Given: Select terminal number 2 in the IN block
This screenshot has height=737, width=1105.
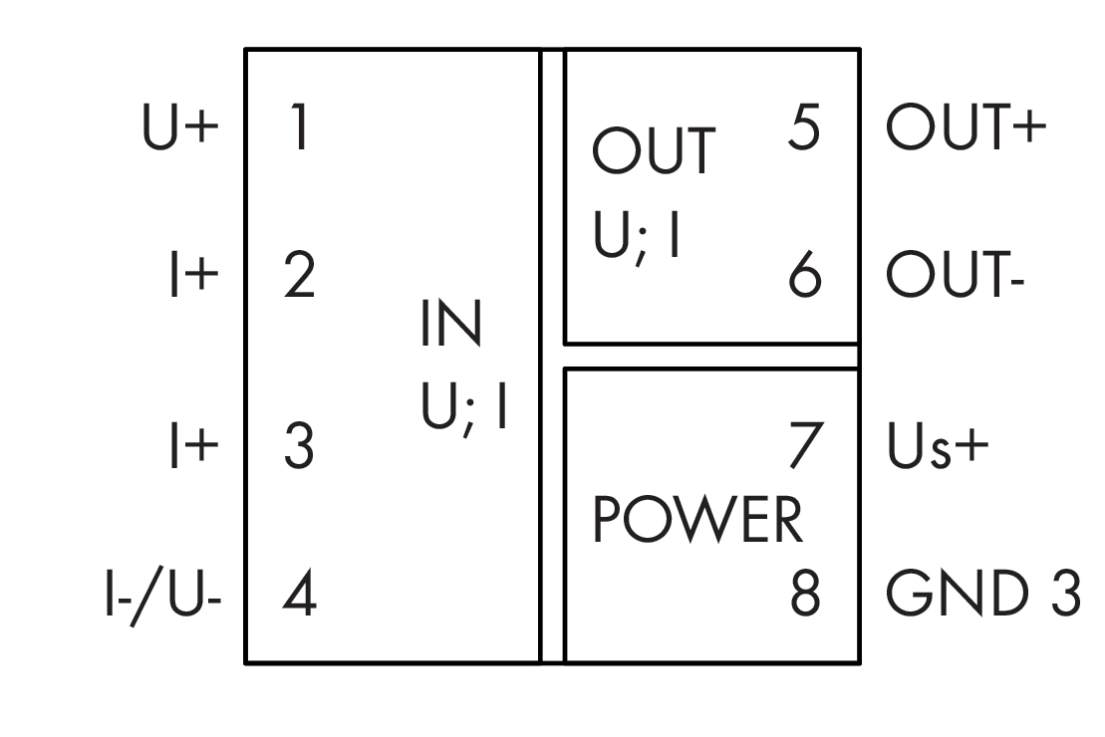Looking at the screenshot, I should tap(297, 276).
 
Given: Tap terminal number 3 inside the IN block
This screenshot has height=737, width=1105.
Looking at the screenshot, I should tap(297, 446).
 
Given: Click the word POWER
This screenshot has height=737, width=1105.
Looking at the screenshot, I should tap(697, 521).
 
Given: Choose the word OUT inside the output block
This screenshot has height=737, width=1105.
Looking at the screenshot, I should tap(654, 151).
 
